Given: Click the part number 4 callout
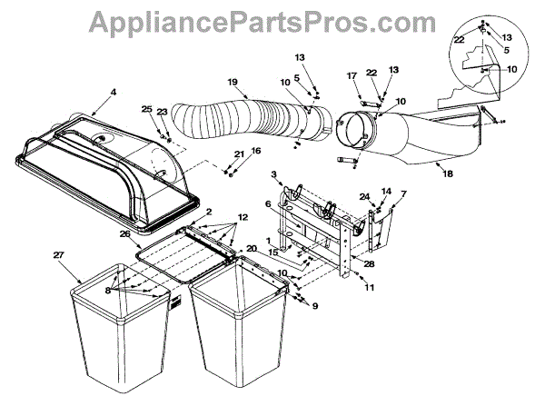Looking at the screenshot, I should [114, 91].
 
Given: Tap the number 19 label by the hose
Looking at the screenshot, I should [233, 82].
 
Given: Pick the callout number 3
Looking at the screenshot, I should [272, 173].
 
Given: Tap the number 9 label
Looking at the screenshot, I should [315, 306].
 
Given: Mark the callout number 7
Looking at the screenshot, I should [403, 193].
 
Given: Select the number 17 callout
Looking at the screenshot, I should [352, 75].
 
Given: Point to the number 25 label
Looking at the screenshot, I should [147, 109].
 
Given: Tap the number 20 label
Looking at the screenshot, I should [251, 249].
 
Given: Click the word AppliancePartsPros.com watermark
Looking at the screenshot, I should [272, 20].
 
